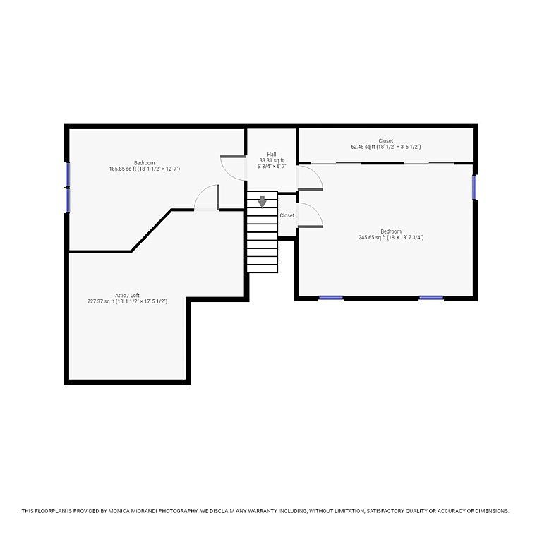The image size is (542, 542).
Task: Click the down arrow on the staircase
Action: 263,202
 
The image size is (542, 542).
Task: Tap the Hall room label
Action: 272,155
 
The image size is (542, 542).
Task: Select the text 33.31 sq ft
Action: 272,160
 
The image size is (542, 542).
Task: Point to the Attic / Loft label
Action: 127,296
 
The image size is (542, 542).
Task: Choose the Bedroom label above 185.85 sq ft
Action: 145,163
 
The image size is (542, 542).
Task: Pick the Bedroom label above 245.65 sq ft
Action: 391,231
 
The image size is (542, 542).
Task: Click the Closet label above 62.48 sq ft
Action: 386,141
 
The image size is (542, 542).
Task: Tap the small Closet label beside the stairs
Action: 287,215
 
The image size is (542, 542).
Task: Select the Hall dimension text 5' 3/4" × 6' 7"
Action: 272,167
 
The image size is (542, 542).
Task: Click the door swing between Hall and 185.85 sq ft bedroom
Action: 233,169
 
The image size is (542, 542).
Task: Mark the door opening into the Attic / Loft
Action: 207,198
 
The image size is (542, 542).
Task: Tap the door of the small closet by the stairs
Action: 310,215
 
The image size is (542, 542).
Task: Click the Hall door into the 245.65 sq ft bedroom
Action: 310,178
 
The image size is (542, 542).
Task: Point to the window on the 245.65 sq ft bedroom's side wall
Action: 474,187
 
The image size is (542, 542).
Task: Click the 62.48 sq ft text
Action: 363,147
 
